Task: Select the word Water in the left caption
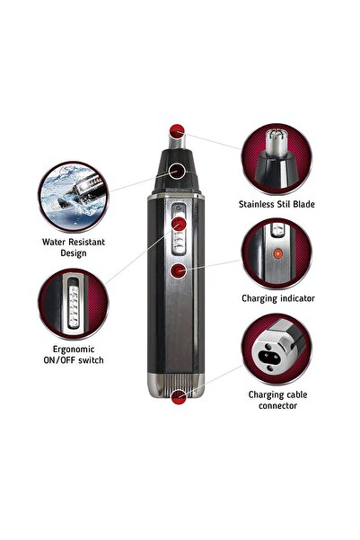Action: tap(55, 242)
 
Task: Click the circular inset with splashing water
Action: tap(75, 193)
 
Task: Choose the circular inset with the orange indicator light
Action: tap(277, 253)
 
